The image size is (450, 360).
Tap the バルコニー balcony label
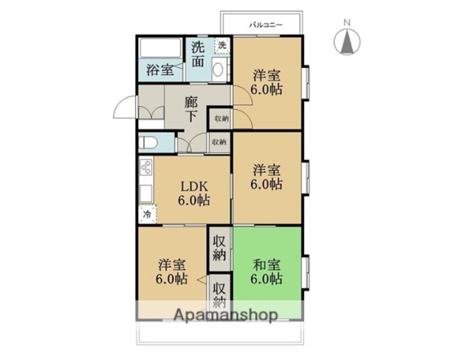tap(266, 25)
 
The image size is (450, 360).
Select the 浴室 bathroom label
tap(160, 69)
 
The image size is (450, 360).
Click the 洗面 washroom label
tap(198, 54)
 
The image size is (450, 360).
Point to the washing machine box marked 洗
tap(222, 45)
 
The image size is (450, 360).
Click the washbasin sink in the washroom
tap(218, 70)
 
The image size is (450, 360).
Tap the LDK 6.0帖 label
tap(194, 193)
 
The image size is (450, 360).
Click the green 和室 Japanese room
tap(267, 270)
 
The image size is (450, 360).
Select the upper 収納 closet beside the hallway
tap(221, 117)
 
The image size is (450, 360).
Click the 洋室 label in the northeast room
tap(266, 76)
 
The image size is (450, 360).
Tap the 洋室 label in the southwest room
tap(171, 264)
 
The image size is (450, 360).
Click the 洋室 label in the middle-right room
tap(267, 169)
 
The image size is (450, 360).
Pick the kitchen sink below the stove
tap(146, 193)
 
